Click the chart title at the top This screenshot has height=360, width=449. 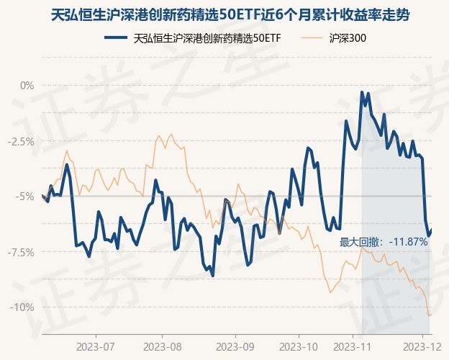(224, 14)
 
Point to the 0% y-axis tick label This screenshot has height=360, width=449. (27, 86)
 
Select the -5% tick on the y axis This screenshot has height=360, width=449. (25, 196)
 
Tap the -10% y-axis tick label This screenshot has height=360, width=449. (22, 307)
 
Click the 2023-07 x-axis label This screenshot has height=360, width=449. (96, 346)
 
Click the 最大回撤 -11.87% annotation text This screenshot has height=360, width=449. (384, 242)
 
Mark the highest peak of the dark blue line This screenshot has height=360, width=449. (362, 92)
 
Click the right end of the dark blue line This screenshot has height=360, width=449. (431, 230)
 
